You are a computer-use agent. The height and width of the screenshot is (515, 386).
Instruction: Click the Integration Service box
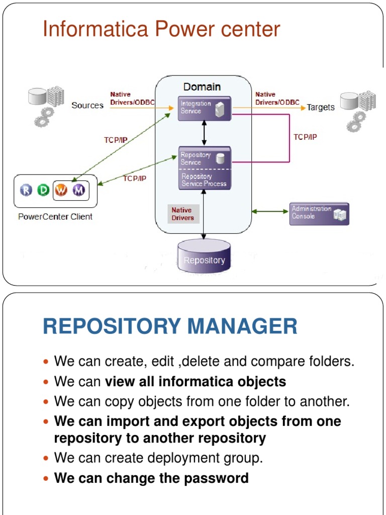pos(205,108)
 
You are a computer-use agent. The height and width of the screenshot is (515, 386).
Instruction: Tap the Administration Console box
pos(319,213)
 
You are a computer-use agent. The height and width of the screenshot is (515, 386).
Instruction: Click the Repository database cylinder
pos(204,257)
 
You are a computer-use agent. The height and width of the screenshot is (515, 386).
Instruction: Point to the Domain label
pos(202,87)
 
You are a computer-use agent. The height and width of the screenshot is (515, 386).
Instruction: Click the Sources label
pos(87,106)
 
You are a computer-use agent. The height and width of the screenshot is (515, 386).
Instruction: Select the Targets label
pos(321,108)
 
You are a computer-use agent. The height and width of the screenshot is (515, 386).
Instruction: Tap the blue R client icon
pos(26,190)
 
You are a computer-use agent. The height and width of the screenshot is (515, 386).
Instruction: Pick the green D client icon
pos(43,190)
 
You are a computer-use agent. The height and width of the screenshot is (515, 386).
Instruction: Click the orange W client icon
pos(61,190)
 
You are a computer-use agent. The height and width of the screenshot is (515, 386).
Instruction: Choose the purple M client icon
pos(78,190)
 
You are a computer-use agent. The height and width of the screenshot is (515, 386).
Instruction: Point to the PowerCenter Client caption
pos(55,217)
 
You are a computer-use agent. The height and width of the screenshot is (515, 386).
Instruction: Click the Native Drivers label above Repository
pos(181,214)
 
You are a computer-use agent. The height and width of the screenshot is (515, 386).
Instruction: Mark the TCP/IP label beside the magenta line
pos(305,137)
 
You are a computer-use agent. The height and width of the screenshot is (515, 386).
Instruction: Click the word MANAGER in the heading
pos(242,326)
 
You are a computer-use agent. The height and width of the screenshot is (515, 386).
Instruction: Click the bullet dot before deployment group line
pos(47,459)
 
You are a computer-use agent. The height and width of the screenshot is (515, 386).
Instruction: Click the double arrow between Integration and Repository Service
pos(204,133)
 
